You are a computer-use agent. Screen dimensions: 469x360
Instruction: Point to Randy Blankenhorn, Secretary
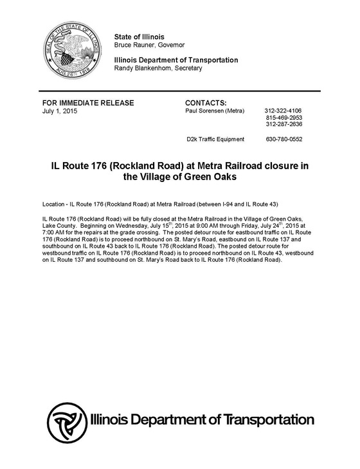(x=157, y=68)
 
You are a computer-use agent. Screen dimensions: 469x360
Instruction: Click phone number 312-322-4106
(x=283, y=111)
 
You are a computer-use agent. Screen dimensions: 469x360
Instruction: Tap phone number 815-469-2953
(x=283, y=118)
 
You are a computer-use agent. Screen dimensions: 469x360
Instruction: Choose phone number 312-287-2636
(x=283, y=125)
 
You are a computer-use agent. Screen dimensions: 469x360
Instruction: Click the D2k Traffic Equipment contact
(x=215, y=139)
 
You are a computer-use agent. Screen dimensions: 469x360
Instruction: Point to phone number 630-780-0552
(x=283, y=139)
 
